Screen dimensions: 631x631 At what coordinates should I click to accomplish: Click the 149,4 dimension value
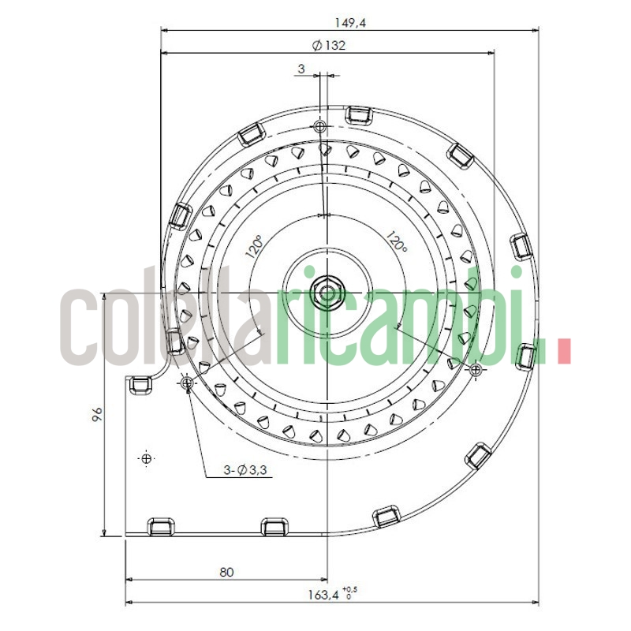351,23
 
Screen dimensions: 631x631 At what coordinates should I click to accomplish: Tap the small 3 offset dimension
301,69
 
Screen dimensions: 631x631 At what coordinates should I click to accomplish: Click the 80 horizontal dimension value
226,573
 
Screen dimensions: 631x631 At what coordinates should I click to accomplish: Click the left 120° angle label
254,249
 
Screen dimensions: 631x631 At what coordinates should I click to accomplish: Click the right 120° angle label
398,241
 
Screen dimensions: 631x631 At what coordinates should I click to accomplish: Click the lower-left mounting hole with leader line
187,383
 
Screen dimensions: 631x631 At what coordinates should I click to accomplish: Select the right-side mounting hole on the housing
475,369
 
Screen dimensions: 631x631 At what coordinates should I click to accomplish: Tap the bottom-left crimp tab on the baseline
161,525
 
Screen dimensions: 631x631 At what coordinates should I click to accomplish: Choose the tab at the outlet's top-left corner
140,385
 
